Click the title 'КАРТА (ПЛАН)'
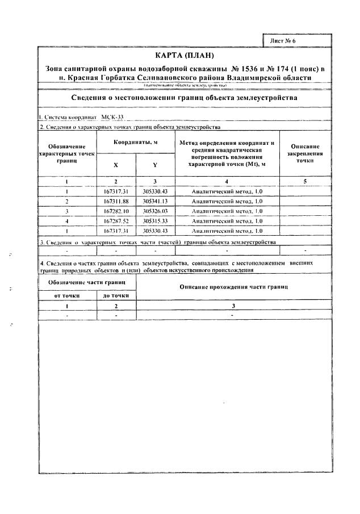(184, 55)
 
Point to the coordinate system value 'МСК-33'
(112, 117)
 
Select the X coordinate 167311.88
(117, 201)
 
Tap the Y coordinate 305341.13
(156, 201)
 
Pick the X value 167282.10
(117, 211)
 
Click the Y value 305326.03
(156, 211)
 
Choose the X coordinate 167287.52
(117, 220)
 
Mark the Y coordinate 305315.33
(156, 220)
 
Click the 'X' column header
(116, 165)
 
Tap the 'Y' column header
(155, 165)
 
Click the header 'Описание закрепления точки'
(305, 153)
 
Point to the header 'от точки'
(67, 295)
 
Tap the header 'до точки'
(116, 295)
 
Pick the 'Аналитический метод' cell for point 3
(227, 211)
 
